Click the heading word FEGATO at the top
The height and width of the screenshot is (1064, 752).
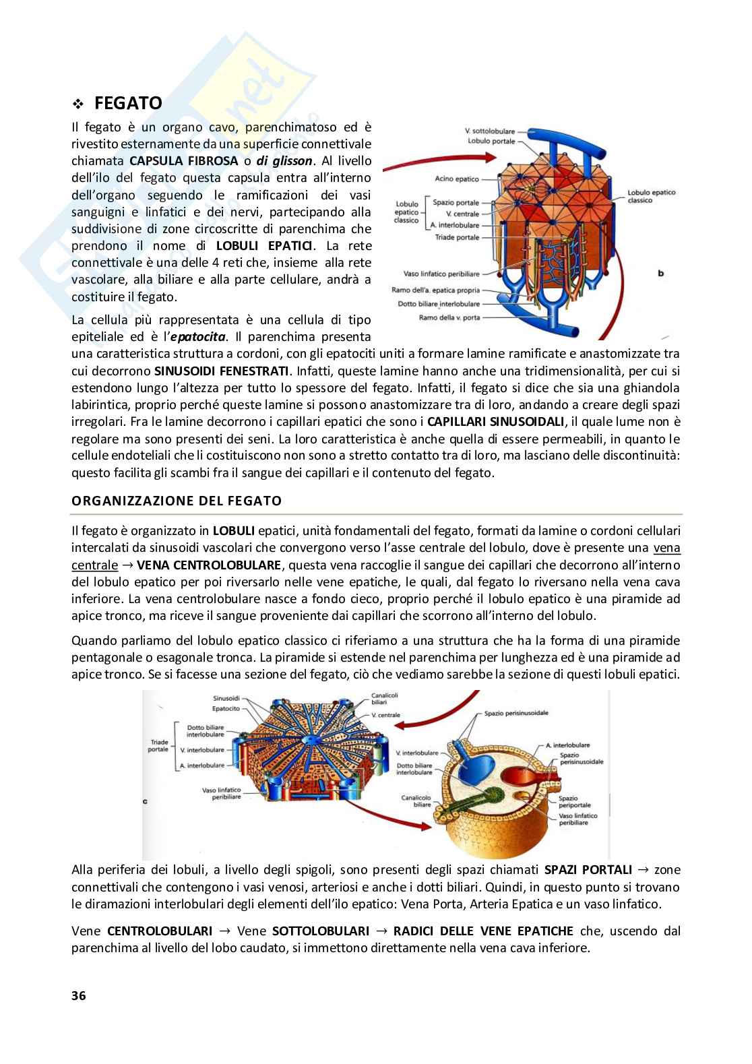coord(128,103)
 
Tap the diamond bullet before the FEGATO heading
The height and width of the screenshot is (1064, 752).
coord(78,104)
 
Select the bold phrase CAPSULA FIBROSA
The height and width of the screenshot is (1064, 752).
coord(184,161)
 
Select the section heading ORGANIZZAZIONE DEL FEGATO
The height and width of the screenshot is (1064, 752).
coord(177,501)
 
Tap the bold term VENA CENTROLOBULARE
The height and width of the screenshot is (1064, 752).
coord(206,565)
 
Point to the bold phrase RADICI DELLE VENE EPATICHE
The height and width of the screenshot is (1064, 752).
coord(483,931)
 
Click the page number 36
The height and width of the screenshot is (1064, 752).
coord(79,996)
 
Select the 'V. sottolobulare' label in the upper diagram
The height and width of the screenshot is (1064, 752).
coord(490,131)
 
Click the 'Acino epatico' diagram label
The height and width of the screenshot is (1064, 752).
coord(457,179)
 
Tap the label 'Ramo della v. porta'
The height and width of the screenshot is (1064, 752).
coord(449,317)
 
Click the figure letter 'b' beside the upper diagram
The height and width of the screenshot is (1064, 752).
coord(660,273)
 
